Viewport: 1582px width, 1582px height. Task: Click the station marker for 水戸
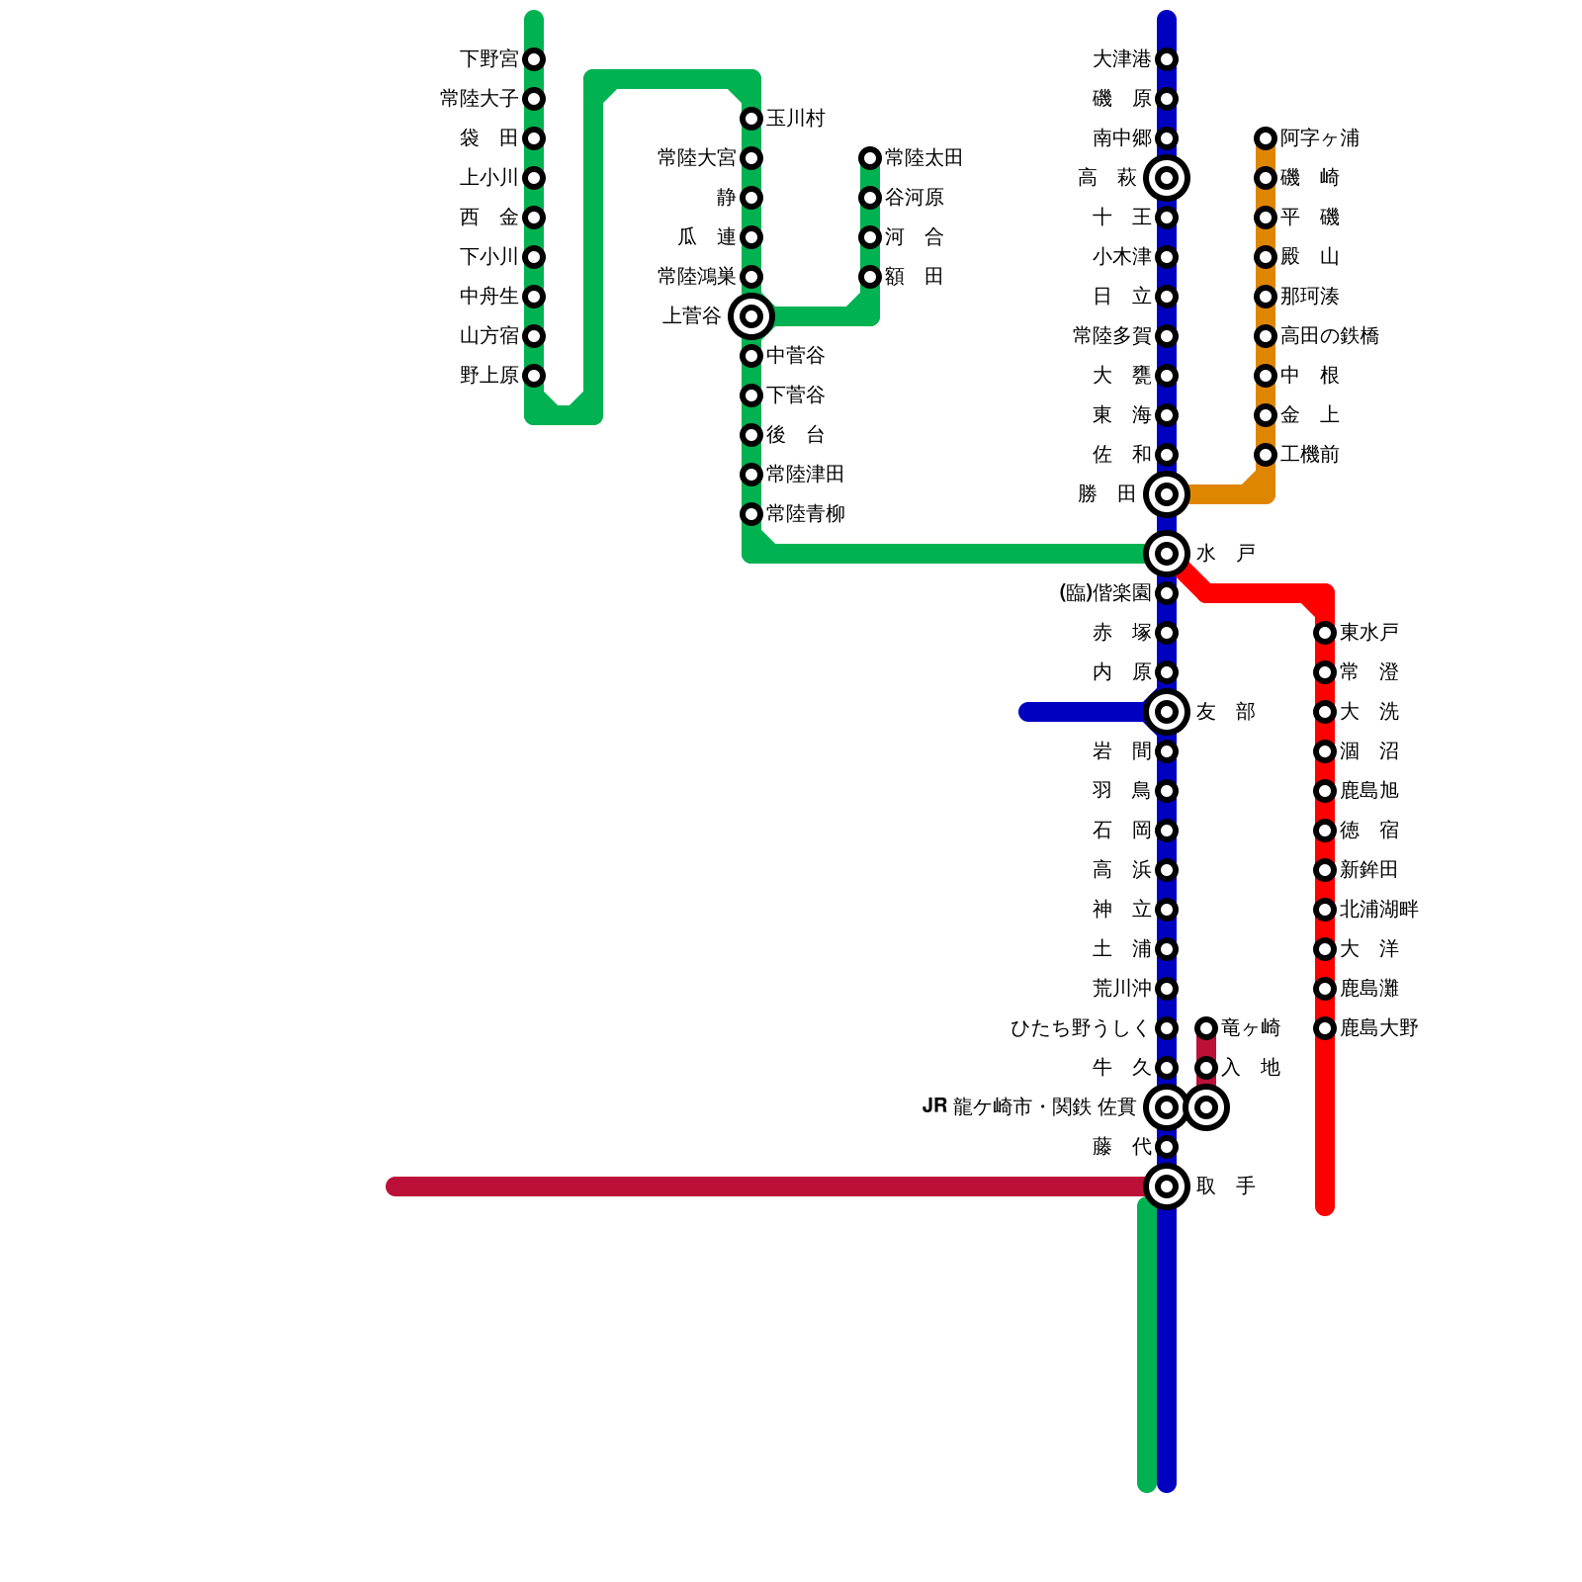point(1167,554)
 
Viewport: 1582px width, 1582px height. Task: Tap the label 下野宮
point(489,59)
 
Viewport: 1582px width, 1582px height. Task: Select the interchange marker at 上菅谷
point(751,316)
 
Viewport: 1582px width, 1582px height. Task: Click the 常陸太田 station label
point(923,158)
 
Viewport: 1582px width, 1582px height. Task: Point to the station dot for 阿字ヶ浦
point(1266,138)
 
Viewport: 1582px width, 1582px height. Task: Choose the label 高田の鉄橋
point(1329,336)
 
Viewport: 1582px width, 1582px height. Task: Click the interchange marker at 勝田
point(1167,494)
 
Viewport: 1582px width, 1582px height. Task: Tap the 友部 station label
point(1226,712)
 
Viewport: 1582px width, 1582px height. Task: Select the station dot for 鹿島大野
point(1325,1028)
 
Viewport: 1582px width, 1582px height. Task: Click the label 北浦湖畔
point(1378,910)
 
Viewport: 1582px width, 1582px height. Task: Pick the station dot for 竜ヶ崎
point(1206,1028)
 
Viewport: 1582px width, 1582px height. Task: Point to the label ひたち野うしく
point(1081,1028)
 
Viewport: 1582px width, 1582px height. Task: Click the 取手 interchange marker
point(1167,1186)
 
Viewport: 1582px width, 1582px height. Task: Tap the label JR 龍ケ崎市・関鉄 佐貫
point(1028,1107)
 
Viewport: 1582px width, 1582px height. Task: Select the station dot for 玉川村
point(751,119)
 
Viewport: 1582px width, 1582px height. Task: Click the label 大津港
point(1122,59)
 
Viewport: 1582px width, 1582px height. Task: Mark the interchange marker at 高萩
point(1167,178)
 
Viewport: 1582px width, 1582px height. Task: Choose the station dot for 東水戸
point(1325,633)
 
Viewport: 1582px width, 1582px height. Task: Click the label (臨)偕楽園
point(1105,593)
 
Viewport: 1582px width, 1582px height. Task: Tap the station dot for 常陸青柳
point(751,514)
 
